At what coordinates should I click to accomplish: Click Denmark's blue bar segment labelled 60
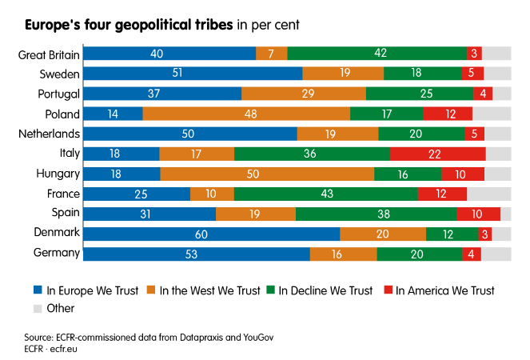click(212, 234)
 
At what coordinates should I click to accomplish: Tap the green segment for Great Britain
click(377, 54)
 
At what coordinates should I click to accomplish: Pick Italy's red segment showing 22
click(437, 154)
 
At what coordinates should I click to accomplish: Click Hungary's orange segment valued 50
click(267, 174)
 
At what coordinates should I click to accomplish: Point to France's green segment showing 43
click(325, 194)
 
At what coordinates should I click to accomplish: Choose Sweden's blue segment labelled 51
click(193, 74)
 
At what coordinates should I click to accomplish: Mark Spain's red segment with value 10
click(478, 214)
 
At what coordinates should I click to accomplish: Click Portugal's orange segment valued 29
click(304, 94)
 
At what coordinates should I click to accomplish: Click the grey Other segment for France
click(488, 194)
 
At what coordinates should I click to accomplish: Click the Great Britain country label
click(49, 54)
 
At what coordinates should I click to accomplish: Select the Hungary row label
click(58, 174)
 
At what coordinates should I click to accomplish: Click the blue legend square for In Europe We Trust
click(38, 290)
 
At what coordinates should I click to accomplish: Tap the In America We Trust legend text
click(445, 290)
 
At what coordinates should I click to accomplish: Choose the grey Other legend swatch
click(38, 308)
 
